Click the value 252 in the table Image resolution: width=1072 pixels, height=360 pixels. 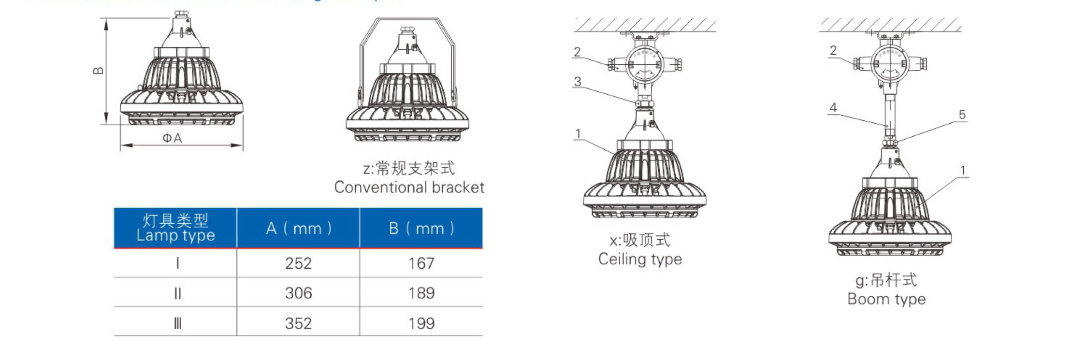click(x=298, y=263)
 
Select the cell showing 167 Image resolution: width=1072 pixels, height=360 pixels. click(x=421, y=263)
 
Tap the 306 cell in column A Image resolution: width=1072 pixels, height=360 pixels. click(x=298, y=293)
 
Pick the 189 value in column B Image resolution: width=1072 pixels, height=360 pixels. click(x=421, y=293)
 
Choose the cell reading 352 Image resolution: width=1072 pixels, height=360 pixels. click(x=298, y=323)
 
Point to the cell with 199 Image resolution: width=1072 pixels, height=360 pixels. click(x=421, y=323)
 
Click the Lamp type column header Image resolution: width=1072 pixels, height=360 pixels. click(x=175, y=228)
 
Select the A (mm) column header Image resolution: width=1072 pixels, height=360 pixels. click(x=298, y=228)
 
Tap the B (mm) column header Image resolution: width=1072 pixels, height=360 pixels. click(x=421, y=228)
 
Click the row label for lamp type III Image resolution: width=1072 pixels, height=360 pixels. click(x=177, y=323)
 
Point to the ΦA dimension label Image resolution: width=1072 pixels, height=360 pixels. click(x=172, y=138)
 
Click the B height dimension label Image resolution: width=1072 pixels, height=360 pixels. click(x=98, y=71)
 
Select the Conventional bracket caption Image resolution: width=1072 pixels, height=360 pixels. click(x=409, y=187)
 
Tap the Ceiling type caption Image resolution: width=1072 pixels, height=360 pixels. click(x=639, y=259)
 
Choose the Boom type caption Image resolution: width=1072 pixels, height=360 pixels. click(x=886, y=299)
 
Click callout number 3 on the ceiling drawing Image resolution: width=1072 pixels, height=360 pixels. click(x=577, y=82)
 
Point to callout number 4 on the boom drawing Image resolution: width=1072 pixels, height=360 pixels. click(x=833, y=108)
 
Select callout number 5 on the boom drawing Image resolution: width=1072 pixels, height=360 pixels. click(x=962, y=115)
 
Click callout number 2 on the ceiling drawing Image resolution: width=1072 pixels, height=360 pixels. click(x=577, y=52)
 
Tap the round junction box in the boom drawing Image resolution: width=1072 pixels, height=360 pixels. click(x=890, y=63)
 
